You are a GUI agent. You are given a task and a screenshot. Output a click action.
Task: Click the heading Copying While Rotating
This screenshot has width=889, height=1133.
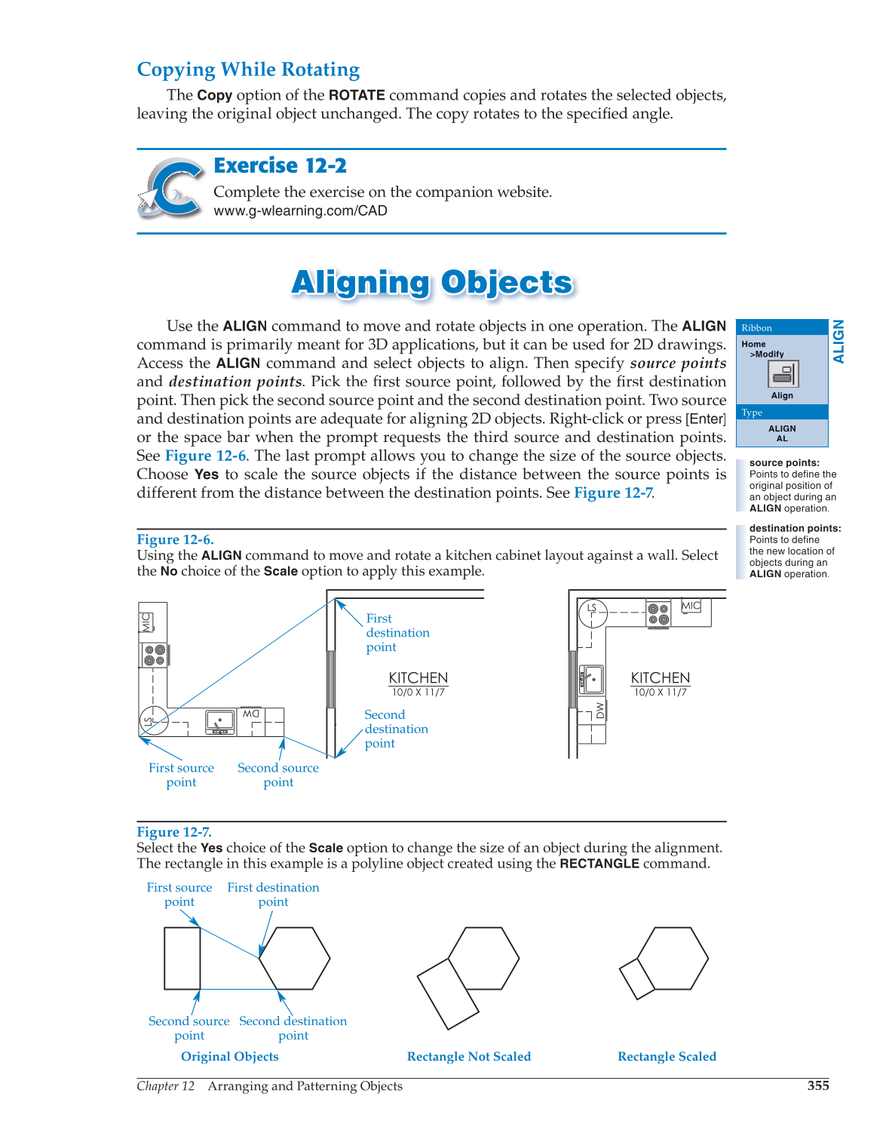pos(248,69)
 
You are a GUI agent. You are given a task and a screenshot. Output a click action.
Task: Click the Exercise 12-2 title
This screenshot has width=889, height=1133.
pos(280,165)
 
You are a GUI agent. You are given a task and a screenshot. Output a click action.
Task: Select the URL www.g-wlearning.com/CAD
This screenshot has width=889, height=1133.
pos(300,210)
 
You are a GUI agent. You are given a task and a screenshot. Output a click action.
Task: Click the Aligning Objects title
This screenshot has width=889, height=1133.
pos(432,282)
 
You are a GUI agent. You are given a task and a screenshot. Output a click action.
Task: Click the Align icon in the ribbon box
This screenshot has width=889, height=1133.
pos(783,374)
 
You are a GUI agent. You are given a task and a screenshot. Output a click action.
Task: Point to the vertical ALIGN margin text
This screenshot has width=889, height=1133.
pos(838,342)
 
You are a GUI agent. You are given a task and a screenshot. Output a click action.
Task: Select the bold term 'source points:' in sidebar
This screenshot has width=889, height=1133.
pos(784,463)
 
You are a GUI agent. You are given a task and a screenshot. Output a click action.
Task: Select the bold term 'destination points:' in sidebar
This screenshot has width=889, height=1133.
pos(795,529)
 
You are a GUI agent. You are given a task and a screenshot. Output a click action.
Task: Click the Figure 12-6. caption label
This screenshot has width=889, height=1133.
pos(175,539)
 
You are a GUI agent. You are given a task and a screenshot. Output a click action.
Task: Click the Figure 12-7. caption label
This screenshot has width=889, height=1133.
pos(174,832)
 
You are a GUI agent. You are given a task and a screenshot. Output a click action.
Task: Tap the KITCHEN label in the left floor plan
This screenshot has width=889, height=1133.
pos(418,678)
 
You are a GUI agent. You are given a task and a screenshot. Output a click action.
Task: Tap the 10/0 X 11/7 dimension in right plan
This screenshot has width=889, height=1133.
pos(660,692)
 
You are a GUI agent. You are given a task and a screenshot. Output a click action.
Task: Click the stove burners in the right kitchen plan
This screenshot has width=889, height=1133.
pos(658,614)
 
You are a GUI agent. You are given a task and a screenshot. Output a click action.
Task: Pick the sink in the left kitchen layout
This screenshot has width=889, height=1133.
pos(220,722)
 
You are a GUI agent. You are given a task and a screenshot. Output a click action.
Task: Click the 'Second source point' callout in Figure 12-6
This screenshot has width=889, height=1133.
pos(278,775)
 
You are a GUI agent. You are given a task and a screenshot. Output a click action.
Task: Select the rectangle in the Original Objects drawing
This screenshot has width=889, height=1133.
pos(182,958)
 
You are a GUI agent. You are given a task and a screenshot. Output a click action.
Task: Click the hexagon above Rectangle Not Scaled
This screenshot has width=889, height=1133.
pos(483,958)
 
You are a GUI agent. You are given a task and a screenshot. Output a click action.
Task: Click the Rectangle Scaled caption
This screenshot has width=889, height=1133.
pos(667,1057)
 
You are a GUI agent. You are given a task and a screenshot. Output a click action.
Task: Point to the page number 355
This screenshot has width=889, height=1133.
pos(817,1085)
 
